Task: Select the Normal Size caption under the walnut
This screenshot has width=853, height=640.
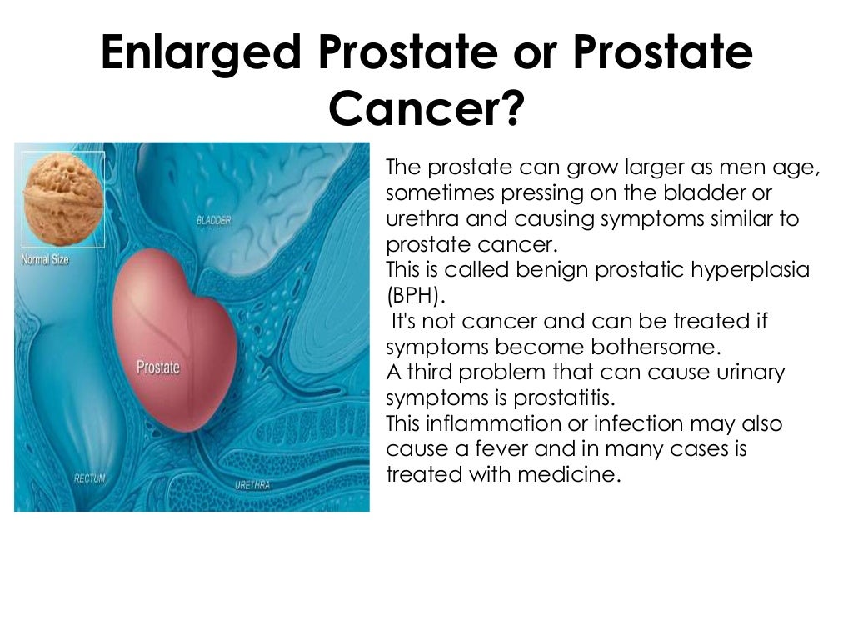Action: click(45, 259)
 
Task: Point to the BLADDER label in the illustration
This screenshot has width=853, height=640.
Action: click(214, 220)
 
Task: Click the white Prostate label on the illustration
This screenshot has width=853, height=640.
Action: click(157, 367)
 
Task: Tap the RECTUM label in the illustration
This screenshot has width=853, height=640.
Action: click(89, 478)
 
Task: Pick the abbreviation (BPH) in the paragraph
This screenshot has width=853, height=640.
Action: click(415, 296)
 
